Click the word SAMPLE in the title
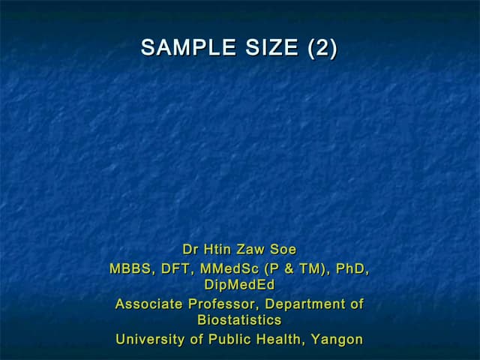(178, 48)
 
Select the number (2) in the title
(322, 48)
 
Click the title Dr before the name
(190, 249)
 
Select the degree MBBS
(130, 268)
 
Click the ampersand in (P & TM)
(290, 268)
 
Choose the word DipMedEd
(239, 285)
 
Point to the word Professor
(223, 304)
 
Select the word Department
(305, 304)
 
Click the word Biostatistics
(239, 321)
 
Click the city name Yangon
(337, 340)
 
